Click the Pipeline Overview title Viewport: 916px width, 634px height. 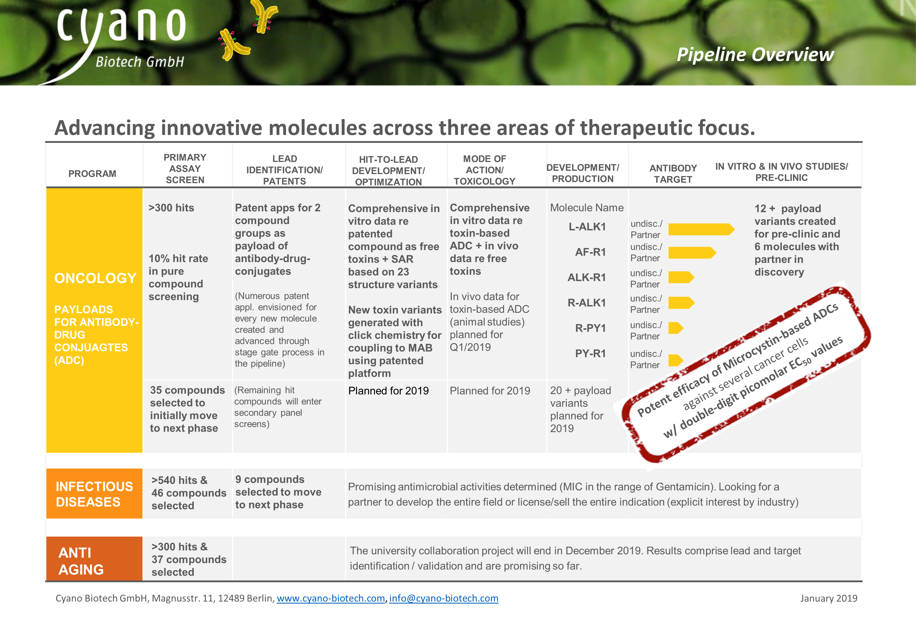[x=755, y=54]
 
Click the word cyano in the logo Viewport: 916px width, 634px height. [x=121, y=26]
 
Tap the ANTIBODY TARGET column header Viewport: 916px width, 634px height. [x=673, y=174]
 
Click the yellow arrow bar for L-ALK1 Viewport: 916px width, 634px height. [x=702, y=229]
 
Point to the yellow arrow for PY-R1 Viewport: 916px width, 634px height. [x=676, y=360]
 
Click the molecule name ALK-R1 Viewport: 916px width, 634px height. [x=587, y=277]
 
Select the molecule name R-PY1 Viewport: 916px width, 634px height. [x=590, y=328]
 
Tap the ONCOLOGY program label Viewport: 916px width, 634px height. [x=95, y=278]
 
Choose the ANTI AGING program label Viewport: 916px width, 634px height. [x=81, y=561]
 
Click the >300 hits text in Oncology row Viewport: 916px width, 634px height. [x=171, y=208]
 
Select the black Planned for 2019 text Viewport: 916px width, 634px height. [x=388, y=391]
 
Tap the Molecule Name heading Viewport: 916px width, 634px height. [x=587, y=208]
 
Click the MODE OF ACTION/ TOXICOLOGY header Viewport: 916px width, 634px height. [x=484, y=170]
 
